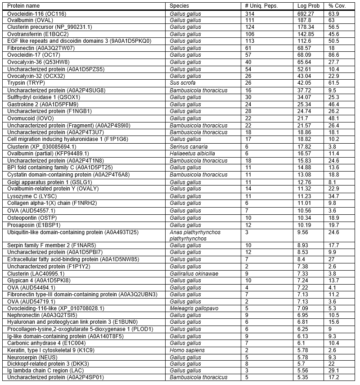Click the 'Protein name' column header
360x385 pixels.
(x=24, y=6)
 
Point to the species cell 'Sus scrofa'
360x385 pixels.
(x=183, y=83)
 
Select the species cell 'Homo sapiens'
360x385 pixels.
(x=187, y=349)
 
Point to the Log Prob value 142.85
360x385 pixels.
(x=306, y=34)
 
